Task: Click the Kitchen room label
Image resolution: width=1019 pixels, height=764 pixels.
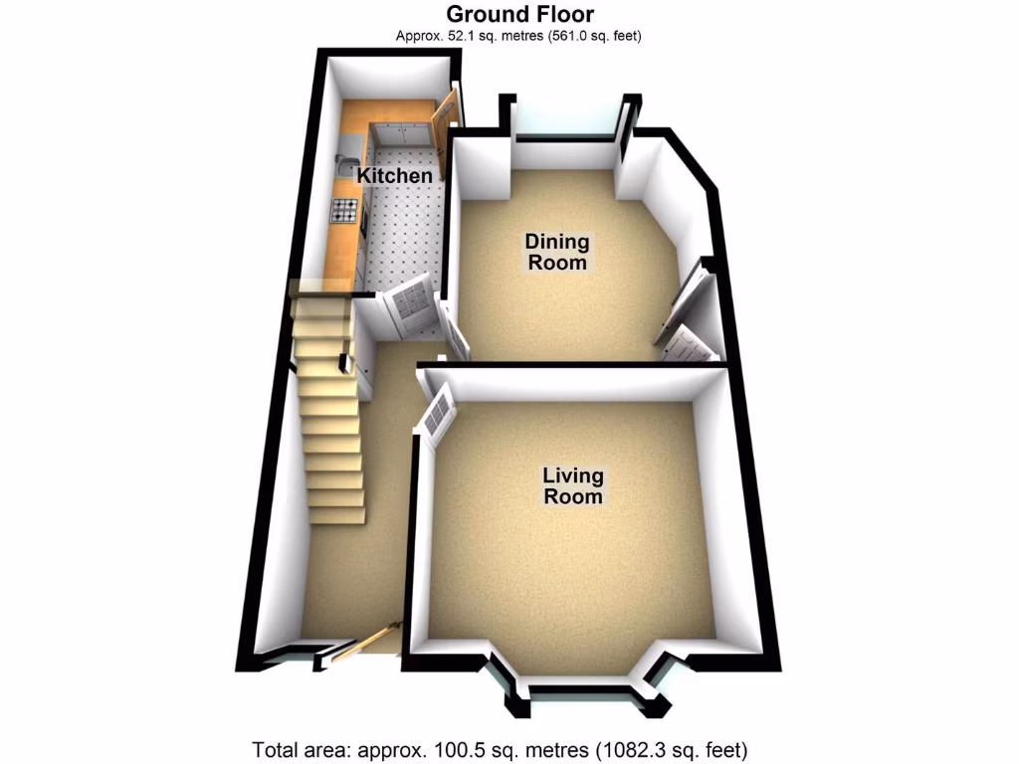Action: point(395,176)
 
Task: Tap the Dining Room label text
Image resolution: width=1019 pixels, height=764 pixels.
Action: point(557,253)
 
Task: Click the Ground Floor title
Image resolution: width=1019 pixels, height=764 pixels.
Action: point(519,14)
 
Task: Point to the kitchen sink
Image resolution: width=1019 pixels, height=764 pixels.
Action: point(345,162)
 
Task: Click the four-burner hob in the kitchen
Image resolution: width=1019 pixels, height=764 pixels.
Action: point(344,210)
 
